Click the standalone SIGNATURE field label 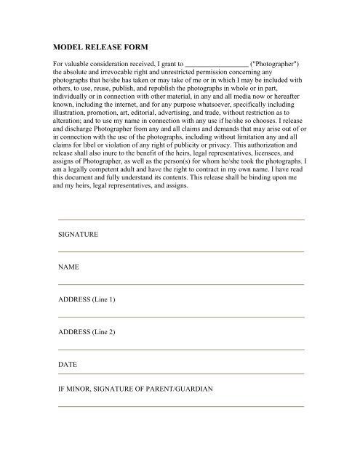(x=79, y=236)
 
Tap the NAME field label (x=69, y=268)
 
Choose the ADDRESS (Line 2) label (x=87, y=331)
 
